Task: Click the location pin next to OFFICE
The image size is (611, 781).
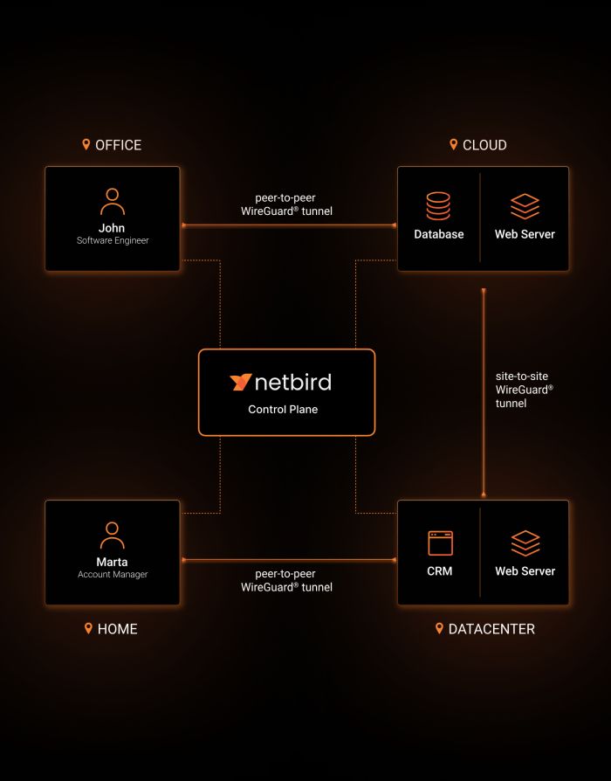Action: coord(86,144)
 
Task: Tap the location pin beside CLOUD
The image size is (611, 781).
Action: coord(453,144)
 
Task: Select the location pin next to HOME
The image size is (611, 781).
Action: coord(88,628)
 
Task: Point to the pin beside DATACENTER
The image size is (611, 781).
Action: coord(439,628)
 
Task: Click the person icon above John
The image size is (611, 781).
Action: coord(112,201)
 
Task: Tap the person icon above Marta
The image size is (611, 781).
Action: coord(112,535)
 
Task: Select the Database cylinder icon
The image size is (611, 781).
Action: coord(438,206)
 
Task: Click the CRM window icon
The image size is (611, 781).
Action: coord(440,543)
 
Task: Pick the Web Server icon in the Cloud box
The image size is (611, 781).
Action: coord(525,206)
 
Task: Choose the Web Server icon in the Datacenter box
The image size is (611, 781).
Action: coord(525,543)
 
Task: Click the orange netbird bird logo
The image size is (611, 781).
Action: coord(241,382)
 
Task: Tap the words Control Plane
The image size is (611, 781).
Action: coord(283,409)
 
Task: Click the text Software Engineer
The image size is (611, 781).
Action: coord(113,240)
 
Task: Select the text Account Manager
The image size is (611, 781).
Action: coord(113,575)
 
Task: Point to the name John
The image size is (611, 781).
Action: coord(112,228)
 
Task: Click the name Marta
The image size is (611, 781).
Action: coord(112,562)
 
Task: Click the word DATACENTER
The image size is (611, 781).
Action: coord(491,629)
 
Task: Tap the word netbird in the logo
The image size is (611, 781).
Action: coord(293,382)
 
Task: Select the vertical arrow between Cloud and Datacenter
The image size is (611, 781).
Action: coord(483,393)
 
